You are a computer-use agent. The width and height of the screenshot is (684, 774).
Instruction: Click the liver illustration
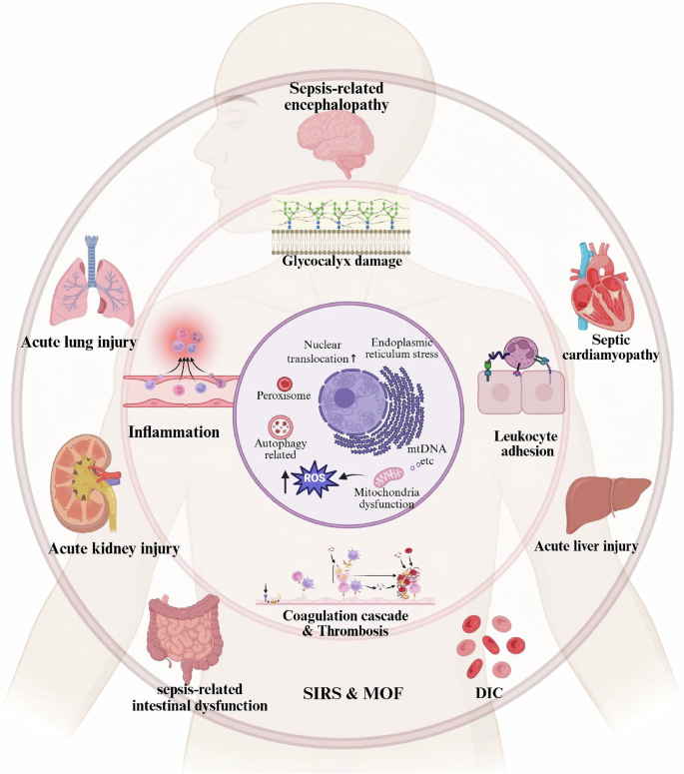pyautogui.click(x=603, y=505)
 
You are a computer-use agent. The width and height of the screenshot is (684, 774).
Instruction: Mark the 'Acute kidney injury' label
pyautogui.click(x=99, y=548)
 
